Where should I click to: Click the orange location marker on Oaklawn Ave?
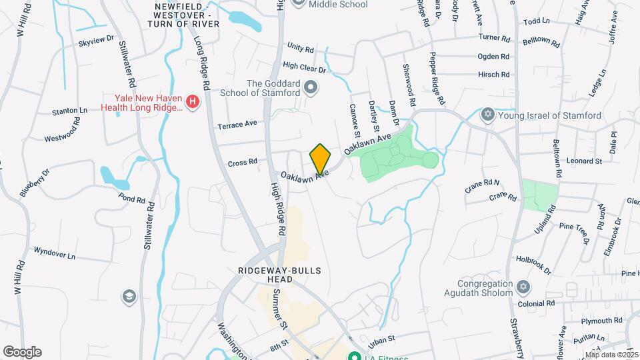pos(320,159)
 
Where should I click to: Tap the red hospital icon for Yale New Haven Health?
pos(192,101)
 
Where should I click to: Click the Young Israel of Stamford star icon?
pos(488,115)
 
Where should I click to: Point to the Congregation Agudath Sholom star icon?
pos(523,287)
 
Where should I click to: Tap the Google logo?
pos(22,351)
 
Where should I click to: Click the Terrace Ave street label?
pos(237,124)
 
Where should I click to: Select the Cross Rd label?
pos(242,162)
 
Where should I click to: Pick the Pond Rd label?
pos(131,199)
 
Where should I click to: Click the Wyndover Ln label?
pos(55,255)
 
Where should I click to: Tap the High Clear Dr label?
pos(304,67)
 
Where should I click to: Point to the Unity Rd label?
pos(300,48)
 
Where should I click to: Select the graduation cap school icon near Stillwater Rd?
pos(129,296)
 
